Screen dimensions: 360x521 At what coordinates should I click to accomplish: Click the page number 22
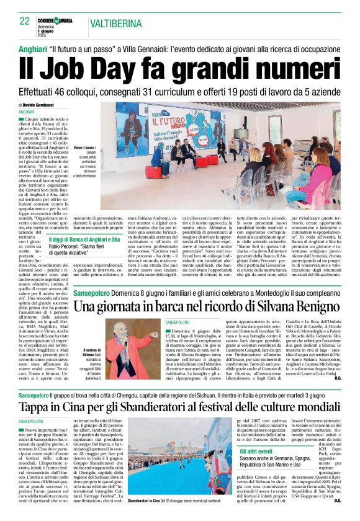click(24, 20)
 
